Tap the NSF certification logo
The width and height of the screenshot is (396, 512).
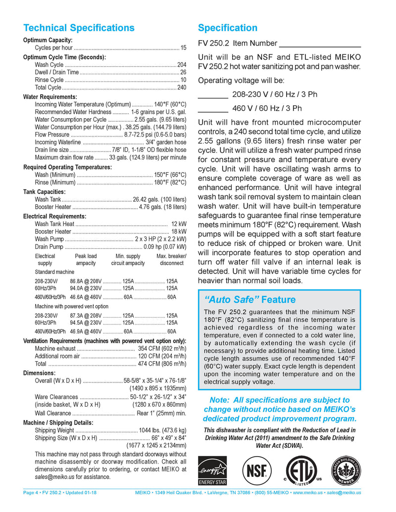[x=256, y=470]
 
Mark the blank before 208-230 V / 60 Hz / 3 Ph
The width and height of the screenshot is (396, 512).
[x=212, y=96]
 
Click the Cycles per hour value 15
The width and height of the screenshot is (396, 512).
[x=183, y=48]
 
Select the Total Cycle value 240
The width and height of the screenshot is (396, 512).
[x=182, y=88]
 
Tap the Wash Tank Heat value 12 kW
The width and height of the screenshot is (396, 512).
[x=179, y=224]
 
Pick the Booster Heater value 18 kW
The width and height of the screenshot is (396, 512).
[x=179, y=232]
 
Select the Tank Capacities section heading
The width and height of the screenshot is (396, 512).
[x=45, y=191]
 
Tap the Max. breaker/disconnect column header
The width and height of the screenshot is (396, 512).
[x=171, y=260]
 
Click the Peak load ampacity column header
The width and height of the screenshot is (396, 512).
[x=86, y=260]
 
